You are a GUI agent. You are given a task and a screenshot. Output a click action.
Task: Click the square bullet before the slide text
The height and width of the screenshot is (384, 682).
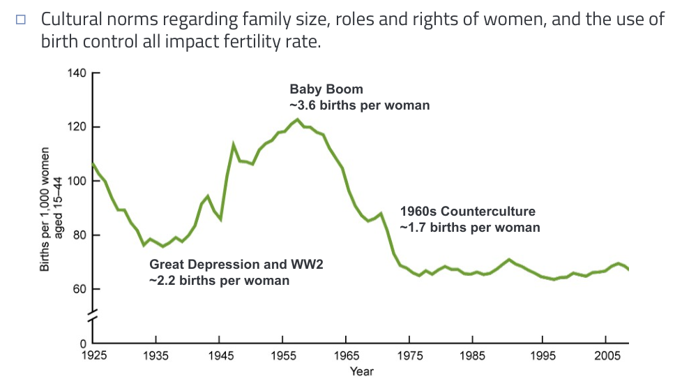coord(21,20)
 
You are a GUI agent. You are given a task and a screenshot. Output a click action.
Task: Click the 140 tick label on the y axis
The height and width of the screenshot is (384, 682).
coord(77,73)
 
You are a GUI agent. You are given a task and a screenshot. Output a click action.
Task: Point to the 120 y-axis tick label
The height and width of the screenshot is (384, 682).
coord(77,127)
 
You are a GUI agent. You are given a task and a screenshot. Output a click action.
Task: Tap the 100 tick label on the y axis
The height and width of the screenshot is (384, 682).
coord(77,181)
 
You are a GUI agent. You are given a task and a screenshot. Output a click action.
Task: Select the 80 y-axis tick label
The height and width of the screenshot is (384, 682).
coord(79,235)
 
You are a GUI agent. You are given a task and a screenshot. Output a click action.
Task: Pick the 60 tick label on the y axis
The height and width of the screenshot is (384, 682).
coord(79,288)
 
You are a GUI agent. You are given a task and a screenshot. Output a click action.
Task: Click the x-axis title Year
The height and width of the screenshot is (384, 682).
coord(361,371)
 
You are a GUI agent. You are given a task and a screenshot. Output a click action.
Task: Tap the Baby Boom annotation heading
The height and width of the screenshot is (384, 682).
coord(326,90)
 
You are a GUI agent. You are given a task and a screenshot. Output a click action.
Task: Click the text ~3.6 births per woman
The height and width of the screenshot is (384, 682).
coord(360,105)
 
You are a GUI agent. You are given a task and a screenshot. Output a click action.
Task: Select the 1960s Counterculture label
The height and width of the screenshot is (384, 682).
coord(467,212)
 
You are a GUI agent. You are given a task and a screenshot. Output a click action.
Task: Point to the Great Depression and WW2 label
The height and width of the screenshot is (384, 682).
coord(236,265)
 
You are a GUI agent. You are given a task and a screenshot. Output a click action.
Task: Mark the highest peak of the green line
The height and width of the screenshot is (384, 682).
coord(297,119)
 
